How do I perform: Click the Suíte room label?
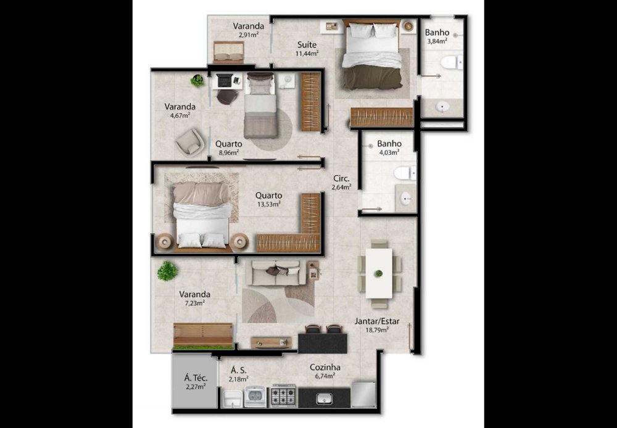click(x=307, y=44)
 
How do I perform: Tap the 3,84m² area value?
click(x=437, y=41)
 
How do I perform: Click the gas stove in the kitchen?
click(x=283, y=395)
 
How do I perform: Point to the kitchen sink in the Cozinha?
click(x=325, y=399)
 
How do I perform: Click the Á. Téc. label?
click(x=196, y=379)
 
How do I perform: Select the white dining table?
click(x=379, y=273)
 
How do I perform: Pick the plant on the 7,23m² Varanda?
click(x=168, y=271)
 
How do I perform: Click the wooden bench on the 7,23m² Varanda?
click(x=203, y=335)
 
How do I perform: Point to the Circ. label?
click(x=341, y=178)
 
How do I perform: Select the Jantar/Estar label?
click(x=377, y=321)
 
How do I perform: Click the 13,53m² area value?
click(x=268, y=204)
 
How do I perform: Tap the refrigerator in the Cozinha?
click(x=363, y=394)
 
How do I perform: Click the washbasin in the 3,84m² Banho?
click(x=442, y=107)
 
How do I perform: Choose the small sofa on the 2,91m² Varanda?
click(x=229, y=52)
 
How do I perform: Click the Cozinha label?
click(x=325, y=368)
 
